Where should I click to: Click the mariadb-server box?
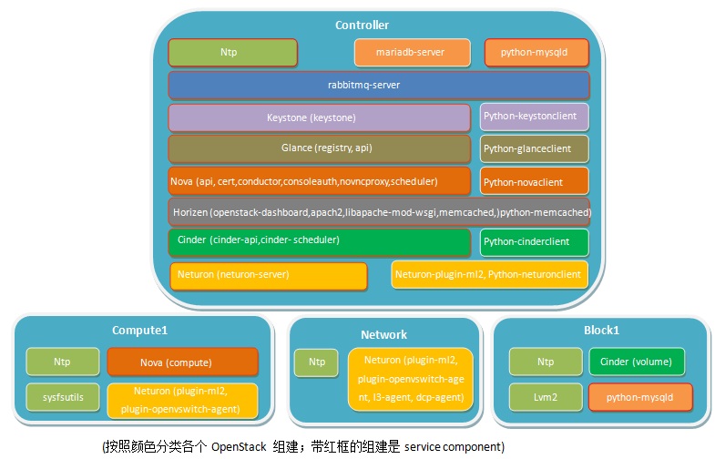click(413, 53)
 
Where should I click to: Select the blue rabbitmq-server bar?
click(379, 86)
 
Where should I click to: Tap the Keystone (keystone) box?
click(319, 117)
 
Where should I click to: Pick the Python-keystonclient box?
click(535, 117)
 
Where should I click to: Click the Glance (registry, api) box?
click(319, 148)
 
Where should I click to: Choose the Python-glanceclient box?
click(535, 149)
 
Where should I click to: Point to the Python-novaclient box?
click(535, 181)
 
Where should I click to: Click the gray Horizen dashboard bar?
click(379, 212)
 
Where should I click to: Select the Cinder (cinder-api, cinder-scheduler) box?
click(319, 242)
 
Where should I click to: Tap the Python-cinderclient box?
click(535, 242)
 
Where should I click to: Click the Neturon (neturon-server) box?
click(269, 276)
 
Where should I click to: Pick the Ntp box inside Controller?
click(232, 53)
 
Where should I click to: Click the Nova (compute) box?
click(182, 362)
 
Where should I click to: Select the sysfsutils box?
click(63, 397)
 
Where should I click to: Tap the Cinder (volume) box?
click(637, 362)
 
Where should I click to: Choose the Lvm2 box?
click(546, 397)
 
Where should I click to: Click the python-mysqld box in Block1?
click(640, 397)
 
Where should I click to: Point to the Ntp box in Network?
click(316, 362)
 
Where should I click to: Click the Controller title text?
click(363, 25)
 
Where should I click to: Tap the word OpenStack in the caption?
click(239, 446)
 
